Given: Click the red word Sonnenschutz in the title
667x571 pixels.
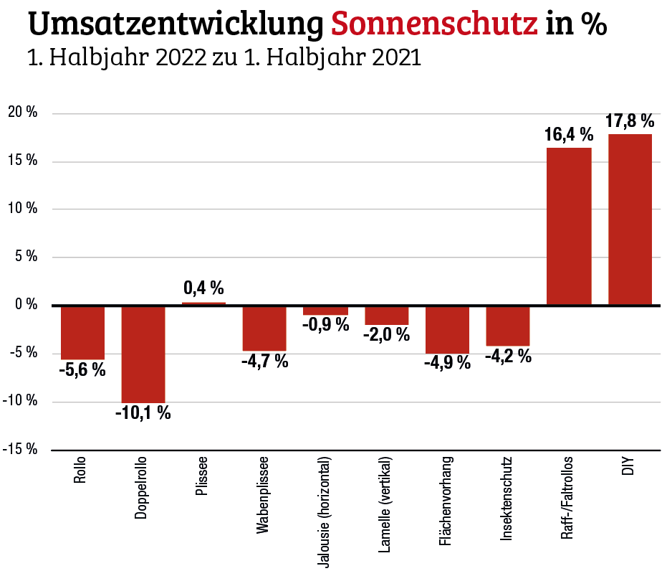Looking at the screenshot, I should (435, 25).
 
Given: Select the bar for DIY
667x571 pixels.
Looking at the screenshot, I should (630, 219).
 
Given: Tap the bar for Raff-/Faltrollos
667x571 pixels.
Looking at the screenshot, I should (569, 226).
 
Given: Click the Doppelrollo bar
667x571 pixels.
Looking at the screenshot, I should (143, 354).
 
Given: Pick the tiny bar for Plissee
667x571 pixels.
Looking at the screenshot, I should (203, 304).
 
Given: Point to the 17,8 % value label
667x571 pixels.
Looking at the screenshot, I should (630, 121).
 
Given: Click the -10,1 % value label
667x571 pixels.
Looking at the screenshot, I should (143, 413).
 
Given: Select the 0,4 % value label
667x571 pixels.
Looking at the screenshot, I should (203, 288).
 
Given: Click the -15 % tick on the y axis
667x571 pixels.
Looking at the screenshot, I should (21, 449).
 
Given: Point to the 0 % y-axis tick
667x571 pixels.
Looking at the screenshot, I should (27, 305).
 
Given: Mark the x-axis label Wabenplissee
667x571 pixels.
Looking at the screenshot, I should (264, 495).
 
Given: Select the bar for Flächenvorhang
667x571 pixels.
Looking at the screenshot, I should (447, 330).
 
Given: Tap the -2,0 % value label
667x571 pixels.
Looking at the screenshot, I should (386, 334).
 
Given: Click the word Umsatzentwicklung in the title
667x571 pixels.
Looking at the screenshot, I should (176, 25).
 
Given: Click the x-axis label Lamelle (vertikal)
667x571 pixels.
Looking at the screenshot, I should (386, 504).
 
